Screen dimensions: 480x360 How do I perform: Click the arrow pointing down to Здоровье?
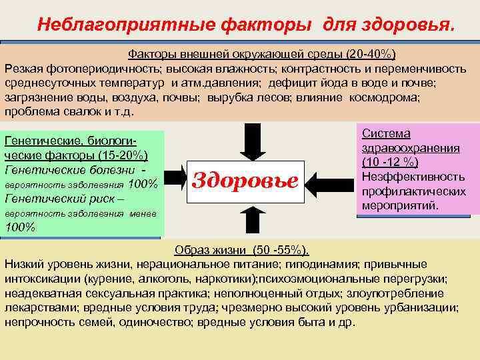click(x=253, y=141)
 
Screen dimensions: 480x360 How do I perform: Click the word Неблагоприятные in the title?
click(x=117, y=25)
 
